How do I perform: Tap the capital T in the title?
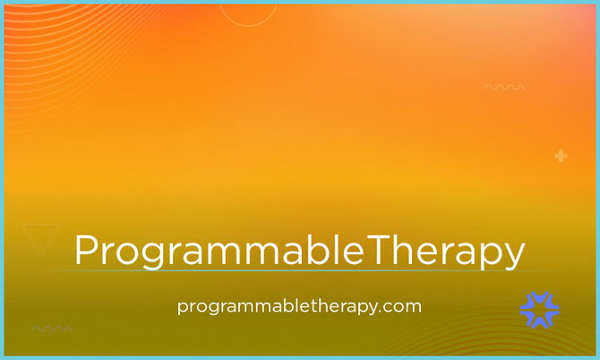(379, 249)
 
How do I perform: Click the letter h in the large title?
(403, 249)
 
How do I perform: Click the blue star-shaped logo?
(539, 310)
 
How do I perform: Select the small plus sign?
(561, 156)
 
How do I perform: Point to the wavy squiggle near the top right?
(504, 87)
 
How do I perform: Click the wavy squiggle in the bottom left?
(52, 329)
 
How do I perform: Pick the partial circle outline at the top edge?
(248, 20)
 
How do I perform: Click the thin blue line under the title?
(298, 270)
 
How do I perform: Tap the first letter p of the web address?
(183, 308)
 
